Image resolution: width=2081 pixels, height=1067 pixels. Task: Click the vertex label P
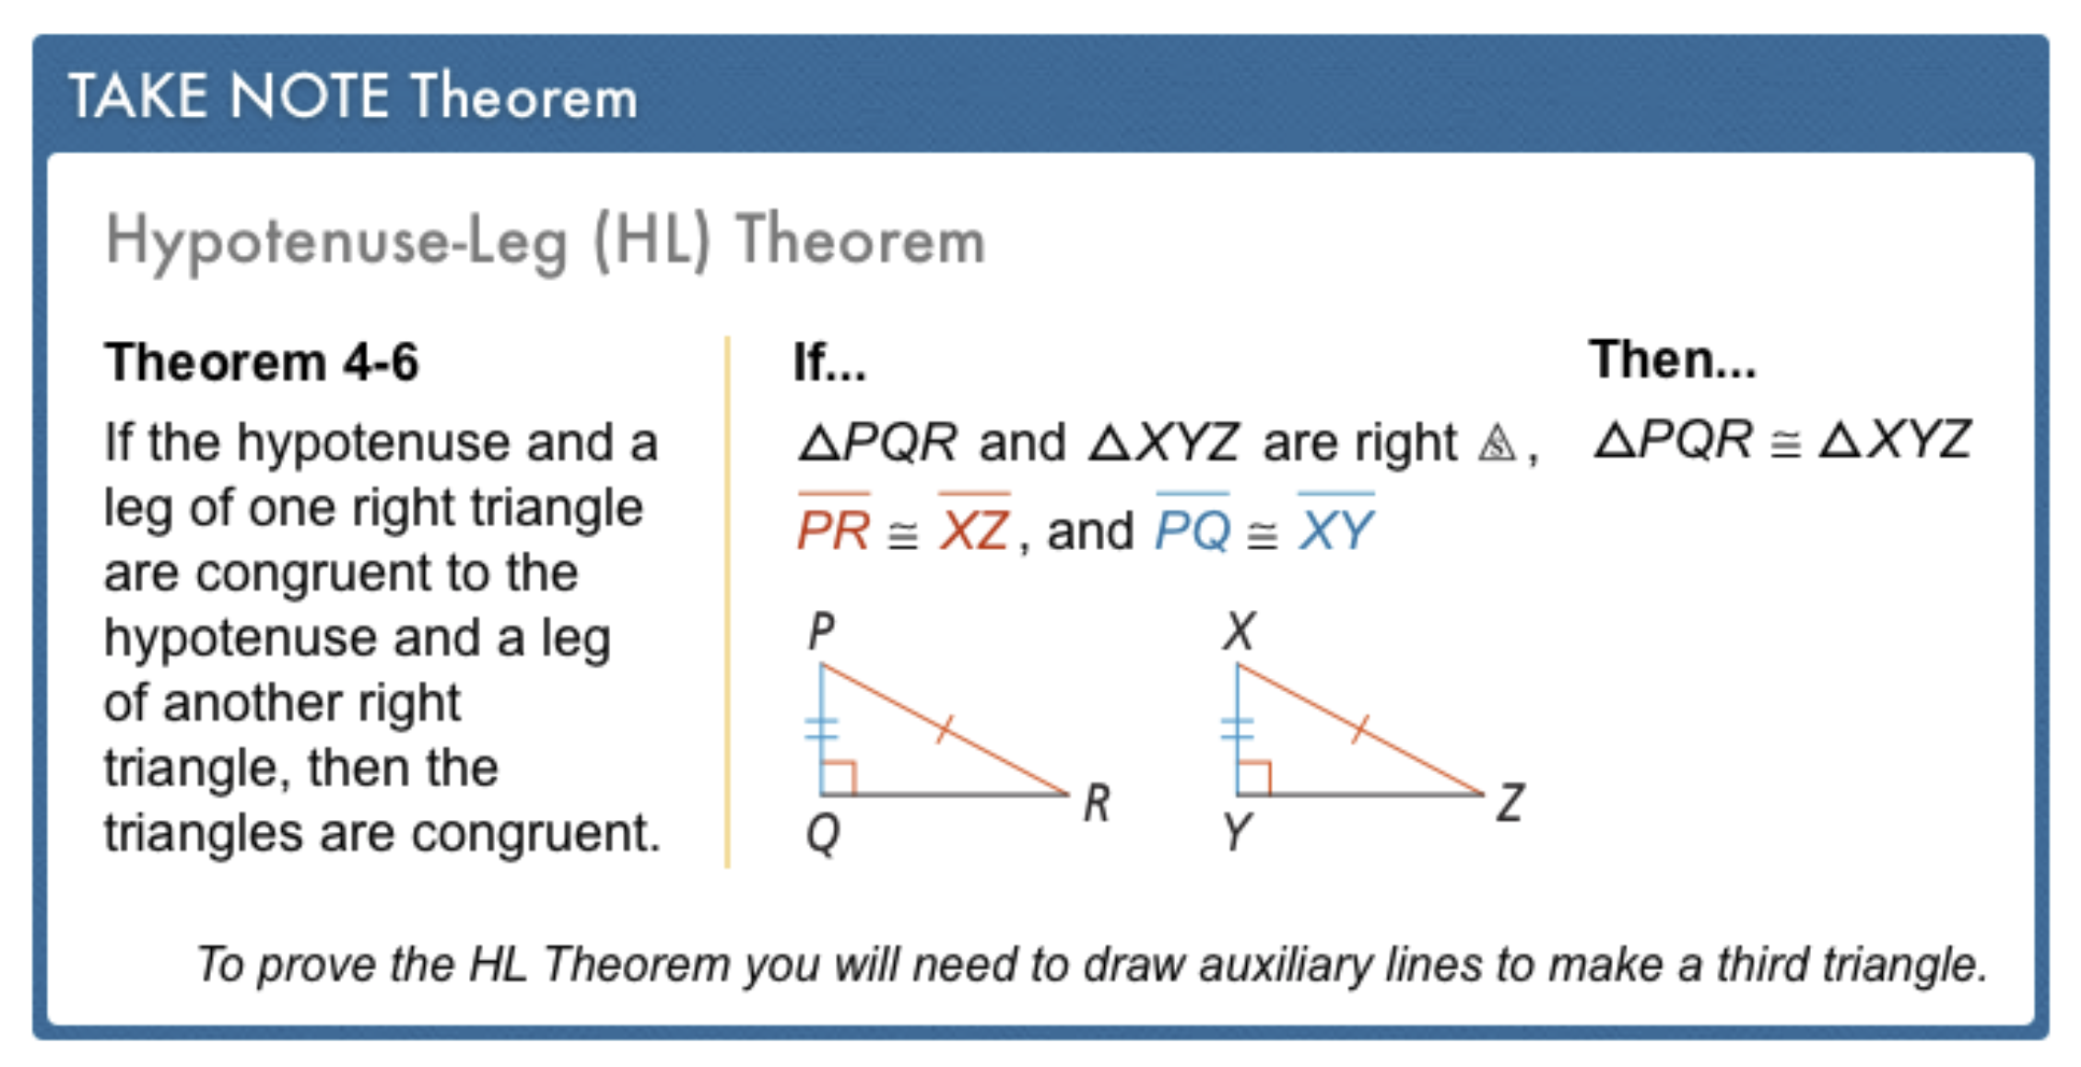coord(821,632)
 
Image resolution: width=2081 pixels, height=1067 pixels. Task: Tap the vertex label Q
coord(823,835)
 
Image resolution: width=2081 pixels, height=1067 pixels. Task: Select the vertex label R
coord(1097,803)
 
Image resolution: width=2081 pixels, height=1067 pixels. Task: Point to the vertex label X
coord(1240,632)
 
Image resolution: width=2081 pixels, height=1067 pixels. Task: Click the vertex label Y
coord(1238,833)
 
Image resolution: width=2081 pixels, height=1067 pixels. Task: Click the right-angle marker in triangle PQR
coord(839,777)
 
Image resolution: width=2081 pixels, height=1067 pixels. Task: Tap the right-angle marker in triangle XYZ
coord(1254,777)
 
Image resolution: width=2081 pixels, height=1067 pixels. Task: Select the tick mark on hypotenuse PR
coord(945,730)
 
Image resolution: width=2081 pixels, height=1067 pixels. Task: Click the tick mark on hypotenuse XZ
coord(1360,730)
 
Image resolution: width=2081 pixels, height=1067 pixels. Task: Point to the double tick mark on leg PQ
coord(821,730)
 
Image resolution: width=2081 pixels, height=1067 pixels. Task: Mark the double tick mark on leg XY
coord(1237,730)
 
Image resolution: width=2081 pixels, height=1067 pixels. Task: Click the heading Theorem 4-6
coord(262,361)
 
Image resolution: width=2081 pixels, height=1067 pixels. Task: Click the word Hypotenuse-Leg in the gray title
coord(336,241)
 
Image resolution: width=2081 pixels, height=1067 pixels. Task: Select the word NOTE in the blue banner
coord(310,96)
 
